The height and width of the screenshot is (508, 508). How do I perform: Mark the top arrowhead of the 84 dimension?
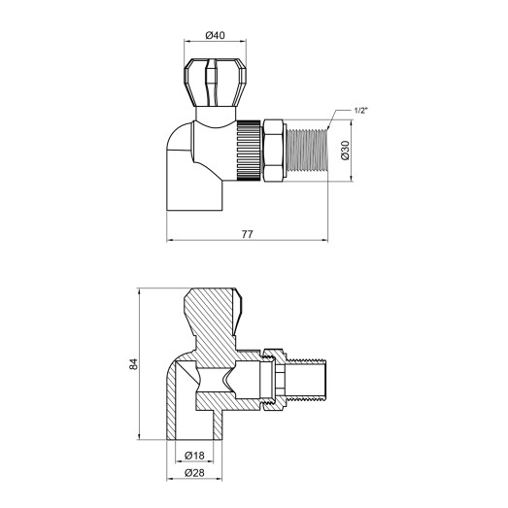[x=142, y=291]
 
